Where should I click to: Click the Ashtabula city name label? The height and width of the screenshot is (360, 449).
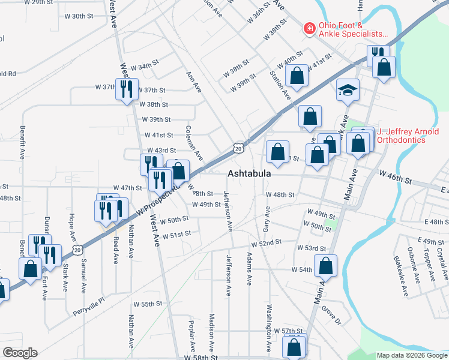pyautogui.click(x=249, y=173)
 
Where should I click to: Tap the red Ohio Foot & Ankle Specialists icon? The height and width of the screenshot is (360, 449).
pyautogui.click(x=309, y=28)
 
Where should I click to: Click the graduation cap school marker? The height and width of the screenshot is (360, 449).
pyautogui.click(x=348, y=90)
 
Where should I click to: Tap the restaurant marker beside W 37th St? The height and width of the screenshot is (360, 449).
pyautogui.click(x=126, y=89)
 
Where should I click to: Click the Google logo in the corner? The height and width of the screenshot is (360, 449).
pyautogui.click(x=20, y=353)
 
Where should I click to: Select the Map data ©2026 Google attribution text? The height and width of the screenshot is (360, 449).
pyautogui.click(x=411, y=355)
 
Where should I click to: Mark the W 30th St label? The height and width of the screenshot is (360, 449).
pyautogui.click(x=87, y=16)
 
